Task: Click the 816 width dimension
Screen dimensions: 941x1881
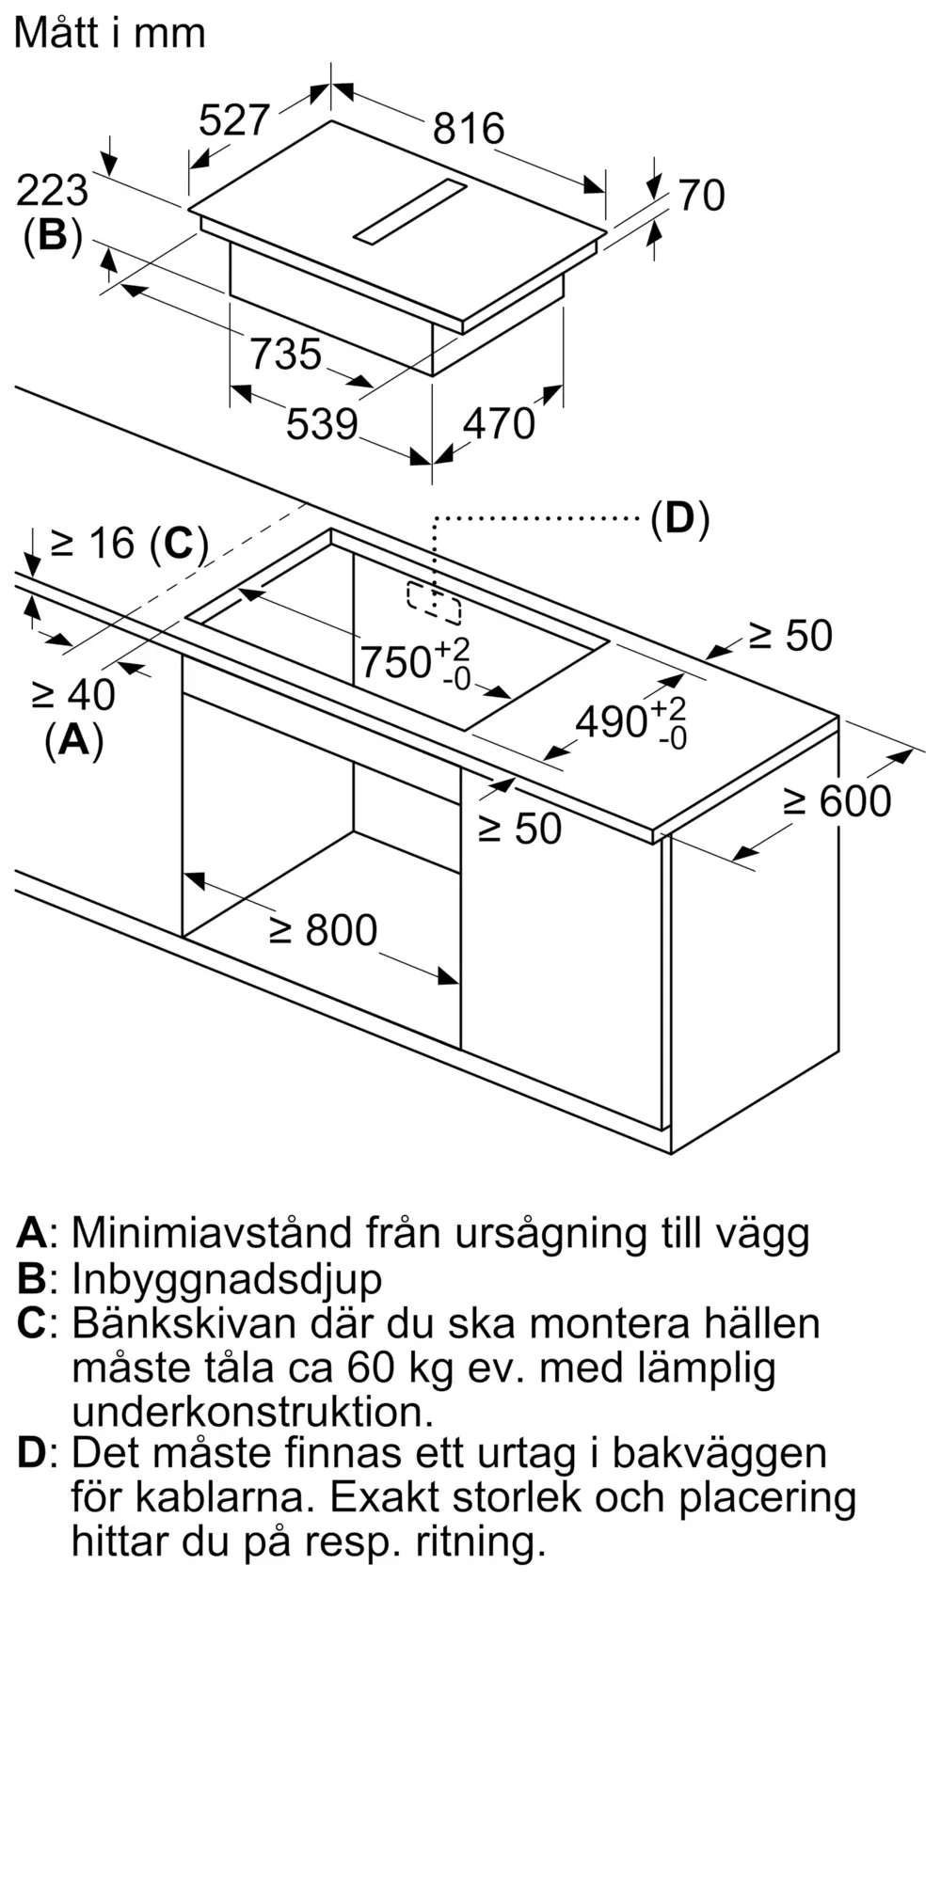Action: coord(469,129)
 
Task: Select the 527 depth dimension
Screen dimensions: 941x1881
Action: coord(235,121)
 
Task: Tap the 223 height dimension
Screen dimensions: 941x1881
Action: coord(53,191)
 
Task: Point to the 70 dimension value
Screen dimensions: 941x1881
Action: coord(702,196)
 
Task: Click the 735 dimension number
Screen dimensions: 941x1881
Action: coord(285,355)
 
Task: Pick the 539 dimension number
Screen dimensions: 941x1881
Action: coord(322,424)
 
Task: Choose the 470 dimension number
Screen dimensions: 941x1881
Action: coord(499,424)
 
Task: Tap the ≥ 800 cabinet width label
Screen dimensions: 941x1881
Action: coord(323,930)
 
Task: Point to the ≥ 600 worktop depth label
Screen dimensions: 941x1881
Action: coord(837,801)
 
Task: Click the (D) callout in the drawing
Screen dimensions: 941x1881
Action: coord(679,518)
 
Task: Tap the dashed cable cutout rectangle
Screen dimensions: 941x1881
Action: coord(434,604)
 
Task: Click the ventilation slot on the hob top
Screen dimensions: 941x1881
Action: coord(410,212)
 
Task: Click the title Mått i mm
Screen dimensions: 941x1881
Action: coord(110,34)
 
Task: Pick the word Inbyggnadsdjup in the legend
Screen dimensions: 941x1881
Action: coord(227,1280)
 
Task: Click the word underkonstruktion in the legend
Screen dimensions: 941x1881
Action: coord(252,1413)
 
